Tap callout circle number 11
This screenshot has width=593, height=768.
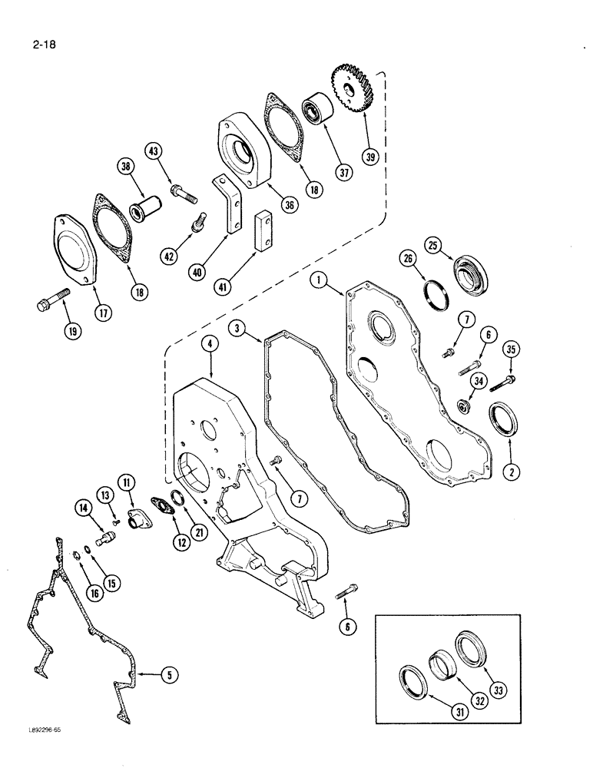click(127, 482)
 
